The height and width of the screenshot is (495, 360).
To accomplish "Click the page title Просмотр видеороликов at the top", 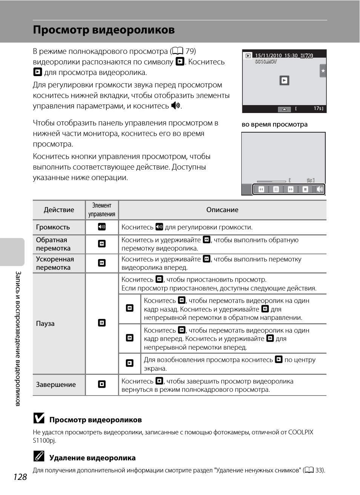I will (104, 30).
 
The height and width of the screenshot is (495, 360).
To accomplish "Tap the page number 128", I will (20, 477).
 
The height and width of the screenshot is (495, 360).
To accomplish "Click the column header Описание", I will (222, 210).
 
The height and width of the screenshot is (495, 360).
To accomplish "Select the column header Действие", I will (59, 210).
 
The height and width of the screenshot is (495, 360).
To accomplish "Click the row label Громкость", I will (53, 227).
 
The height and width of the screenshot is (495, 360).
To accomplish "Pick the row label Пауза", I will (45, 324).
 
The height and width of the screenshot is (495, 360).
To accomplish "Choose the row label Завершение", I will (56, 385).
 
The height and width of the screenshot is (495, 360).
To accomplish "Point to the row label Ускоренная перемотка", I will (55, 263).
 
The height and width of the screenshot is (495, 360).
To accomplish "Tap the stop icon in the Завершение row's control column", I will (102, 384).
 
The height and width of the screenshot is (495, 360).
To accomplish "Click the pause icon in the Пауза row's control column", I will (102, 323).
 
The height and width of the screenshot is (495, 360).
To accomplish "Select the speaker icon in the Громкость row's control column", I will (102, 227).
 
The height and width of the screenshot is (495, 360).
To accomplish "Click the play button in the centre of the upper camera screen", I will (284, 80).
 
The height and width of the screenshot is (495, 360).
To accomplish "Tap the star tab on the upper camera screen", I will (323, 71).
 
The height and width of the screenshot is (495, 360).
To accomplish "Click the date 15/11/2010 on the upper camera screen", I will (268, 55).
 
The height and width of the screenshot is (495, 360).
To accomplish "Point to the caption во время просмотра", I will (274, 124).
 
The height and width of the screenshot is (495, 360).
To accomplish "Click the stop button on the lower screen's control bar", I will (305, 189).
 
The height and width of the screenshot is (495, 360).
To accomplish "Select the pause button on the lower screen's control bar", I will (276, 189).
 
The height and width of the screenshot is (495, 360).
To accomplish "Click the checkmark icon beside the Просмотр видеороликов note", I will (39, 418).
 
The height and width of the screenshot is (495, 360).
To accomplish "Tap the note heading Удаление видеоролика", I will (92, 458).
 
